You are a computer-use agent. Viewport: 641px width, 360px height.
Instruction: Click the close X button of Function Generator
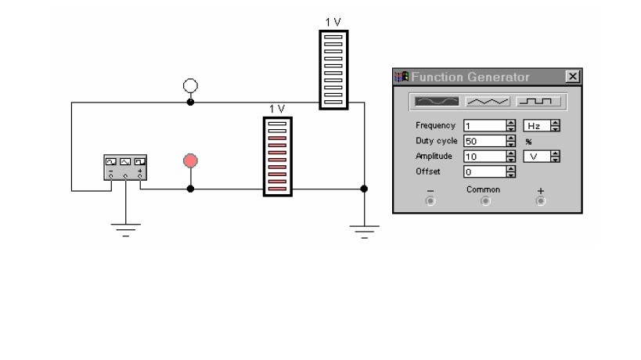click(x=573, y=77)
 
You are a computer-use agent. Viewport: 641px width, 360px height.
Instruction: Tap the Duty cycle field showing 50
click(x=484, y=142)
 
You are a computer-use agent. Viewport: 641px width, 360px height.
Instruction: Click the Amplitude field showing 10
click(x=484, y=157)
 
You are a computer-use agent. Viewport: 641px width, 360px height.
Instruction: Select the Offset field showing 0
click(x=484, y=171)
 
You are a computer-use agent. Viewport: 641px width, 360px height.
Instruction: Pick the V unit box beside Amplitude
click(x=536, y=157)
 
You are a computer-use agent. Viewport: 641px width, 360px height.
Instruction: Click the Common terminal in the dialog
click(x=485, y=201)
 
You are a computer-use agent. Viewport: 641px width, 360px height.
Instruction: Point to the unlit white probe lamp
click(x=189, y=85)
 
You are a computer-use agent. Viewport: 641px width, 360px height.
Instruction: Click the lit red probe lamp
click(x=189, y=161)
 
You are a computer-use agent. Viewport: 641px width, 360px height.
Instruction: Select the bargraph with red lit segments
click(x=279, y=155)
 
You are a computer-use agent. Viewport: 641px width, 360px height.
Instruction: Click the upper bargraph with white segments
click(x=334, y=70)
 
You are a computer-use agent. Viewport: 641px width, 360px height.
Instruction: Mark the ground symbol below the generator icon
click(x=125, y=228)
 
